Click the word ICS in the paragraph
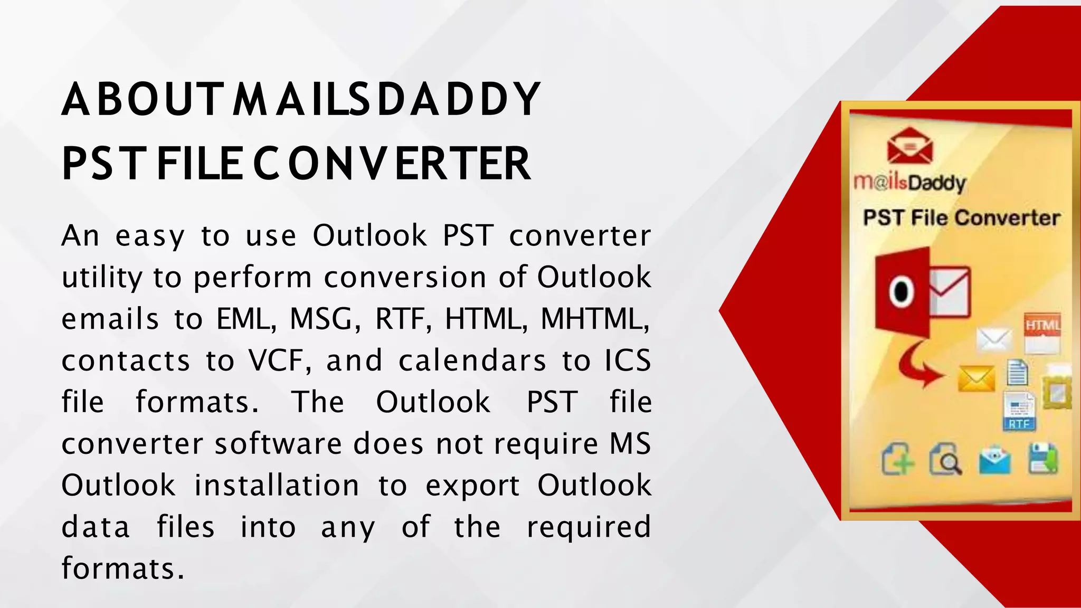628,360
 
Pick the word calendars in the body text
472,360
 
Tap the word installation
277,485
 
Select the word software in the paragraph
279,443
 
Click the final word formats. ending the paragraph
123,568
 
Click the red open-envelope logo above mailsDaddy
909,146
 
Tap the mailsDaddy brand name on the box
909,183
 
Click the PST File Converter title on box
961,217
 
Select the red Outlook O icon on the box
902,292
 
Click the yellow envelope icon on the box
976,379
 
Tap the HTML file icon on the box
1042,332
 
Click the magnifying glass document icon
945,460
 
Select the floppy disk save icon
1043,459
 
